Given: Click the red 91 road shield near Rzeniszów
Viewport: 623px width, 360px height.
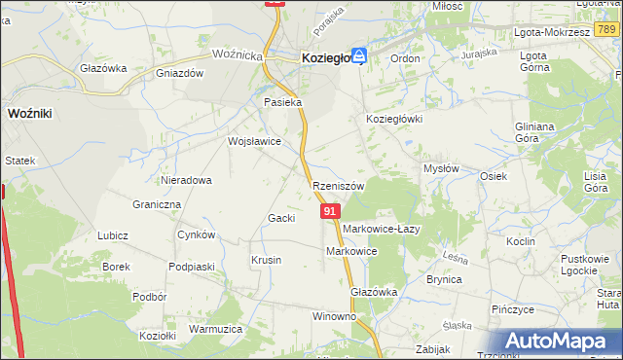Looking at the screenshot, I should (331, 211).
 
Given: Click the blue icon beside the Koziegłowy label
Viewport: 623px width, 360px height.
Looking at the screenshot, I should (359, 57).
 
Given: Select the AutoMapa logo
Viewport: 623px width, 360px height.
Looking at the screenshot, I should (561, 341).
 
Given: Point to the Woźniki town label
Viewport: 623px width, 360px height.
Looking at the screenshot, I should (29, 113).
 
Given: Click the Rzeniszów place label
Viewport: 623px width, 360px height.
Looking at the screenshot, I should (339, 186).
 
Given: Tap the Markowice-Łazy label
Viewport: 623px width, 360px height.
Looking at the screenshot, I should (381, 229).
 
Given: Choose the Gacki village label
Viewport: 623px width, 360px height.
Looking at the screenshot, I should (281, 218).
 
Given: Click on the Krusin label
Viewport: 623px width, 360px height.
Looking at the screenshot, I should (266, 260).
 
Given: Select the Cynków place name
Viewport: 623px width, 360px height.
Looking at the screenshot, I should (196, 235).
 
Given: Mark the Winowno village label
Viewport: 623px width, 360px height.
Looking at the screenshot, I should (334, 317).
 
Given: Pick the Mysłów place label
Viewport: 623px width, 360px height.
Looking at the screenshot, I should (441, 168).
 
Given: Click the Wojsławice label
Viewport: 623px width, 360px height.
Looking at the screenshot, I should (254, 141).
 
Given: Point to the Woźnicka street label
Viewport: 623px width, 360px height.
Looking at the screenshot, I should (238, 55).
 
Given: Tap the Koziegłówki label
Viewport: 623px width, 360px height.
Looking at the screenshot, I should (392, 118).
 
